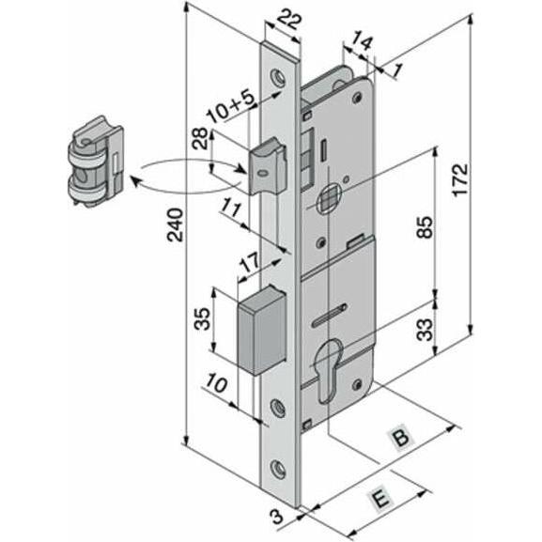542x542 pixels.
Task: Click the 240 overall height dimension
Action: tap(175, 225)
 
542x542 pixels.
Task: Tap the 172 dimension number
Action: tap(461, 179)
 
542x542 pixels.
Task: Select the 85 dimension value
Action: tap(425, 227)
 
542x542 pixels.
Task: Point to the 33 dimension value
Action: tap(425, 330)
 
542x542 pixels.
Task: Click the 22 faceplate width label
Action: tap(289, 21)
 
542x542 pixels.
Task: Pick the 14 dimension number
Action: tap(362, 40)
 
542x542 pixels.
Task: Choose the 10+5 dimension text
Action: tap(232, 106)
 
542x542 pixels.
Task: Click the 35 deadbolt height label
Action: tap(202, 318)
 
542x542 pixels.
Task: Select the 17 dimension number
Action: tap(250, 263)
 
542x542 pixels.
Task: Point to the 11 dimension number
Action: tap(230, 209)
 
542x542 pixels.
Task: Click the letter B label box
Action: tap(401, 438)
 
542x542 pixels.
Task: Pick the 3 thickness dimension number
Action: tap(277, 518)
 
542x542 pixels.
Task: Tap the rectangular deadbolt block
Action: tap(262, 330)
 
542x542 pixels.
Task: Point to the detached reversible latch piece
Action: tap(96, 161)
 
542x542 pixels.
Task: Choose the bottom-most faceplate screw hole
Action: tap(277, 470)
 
